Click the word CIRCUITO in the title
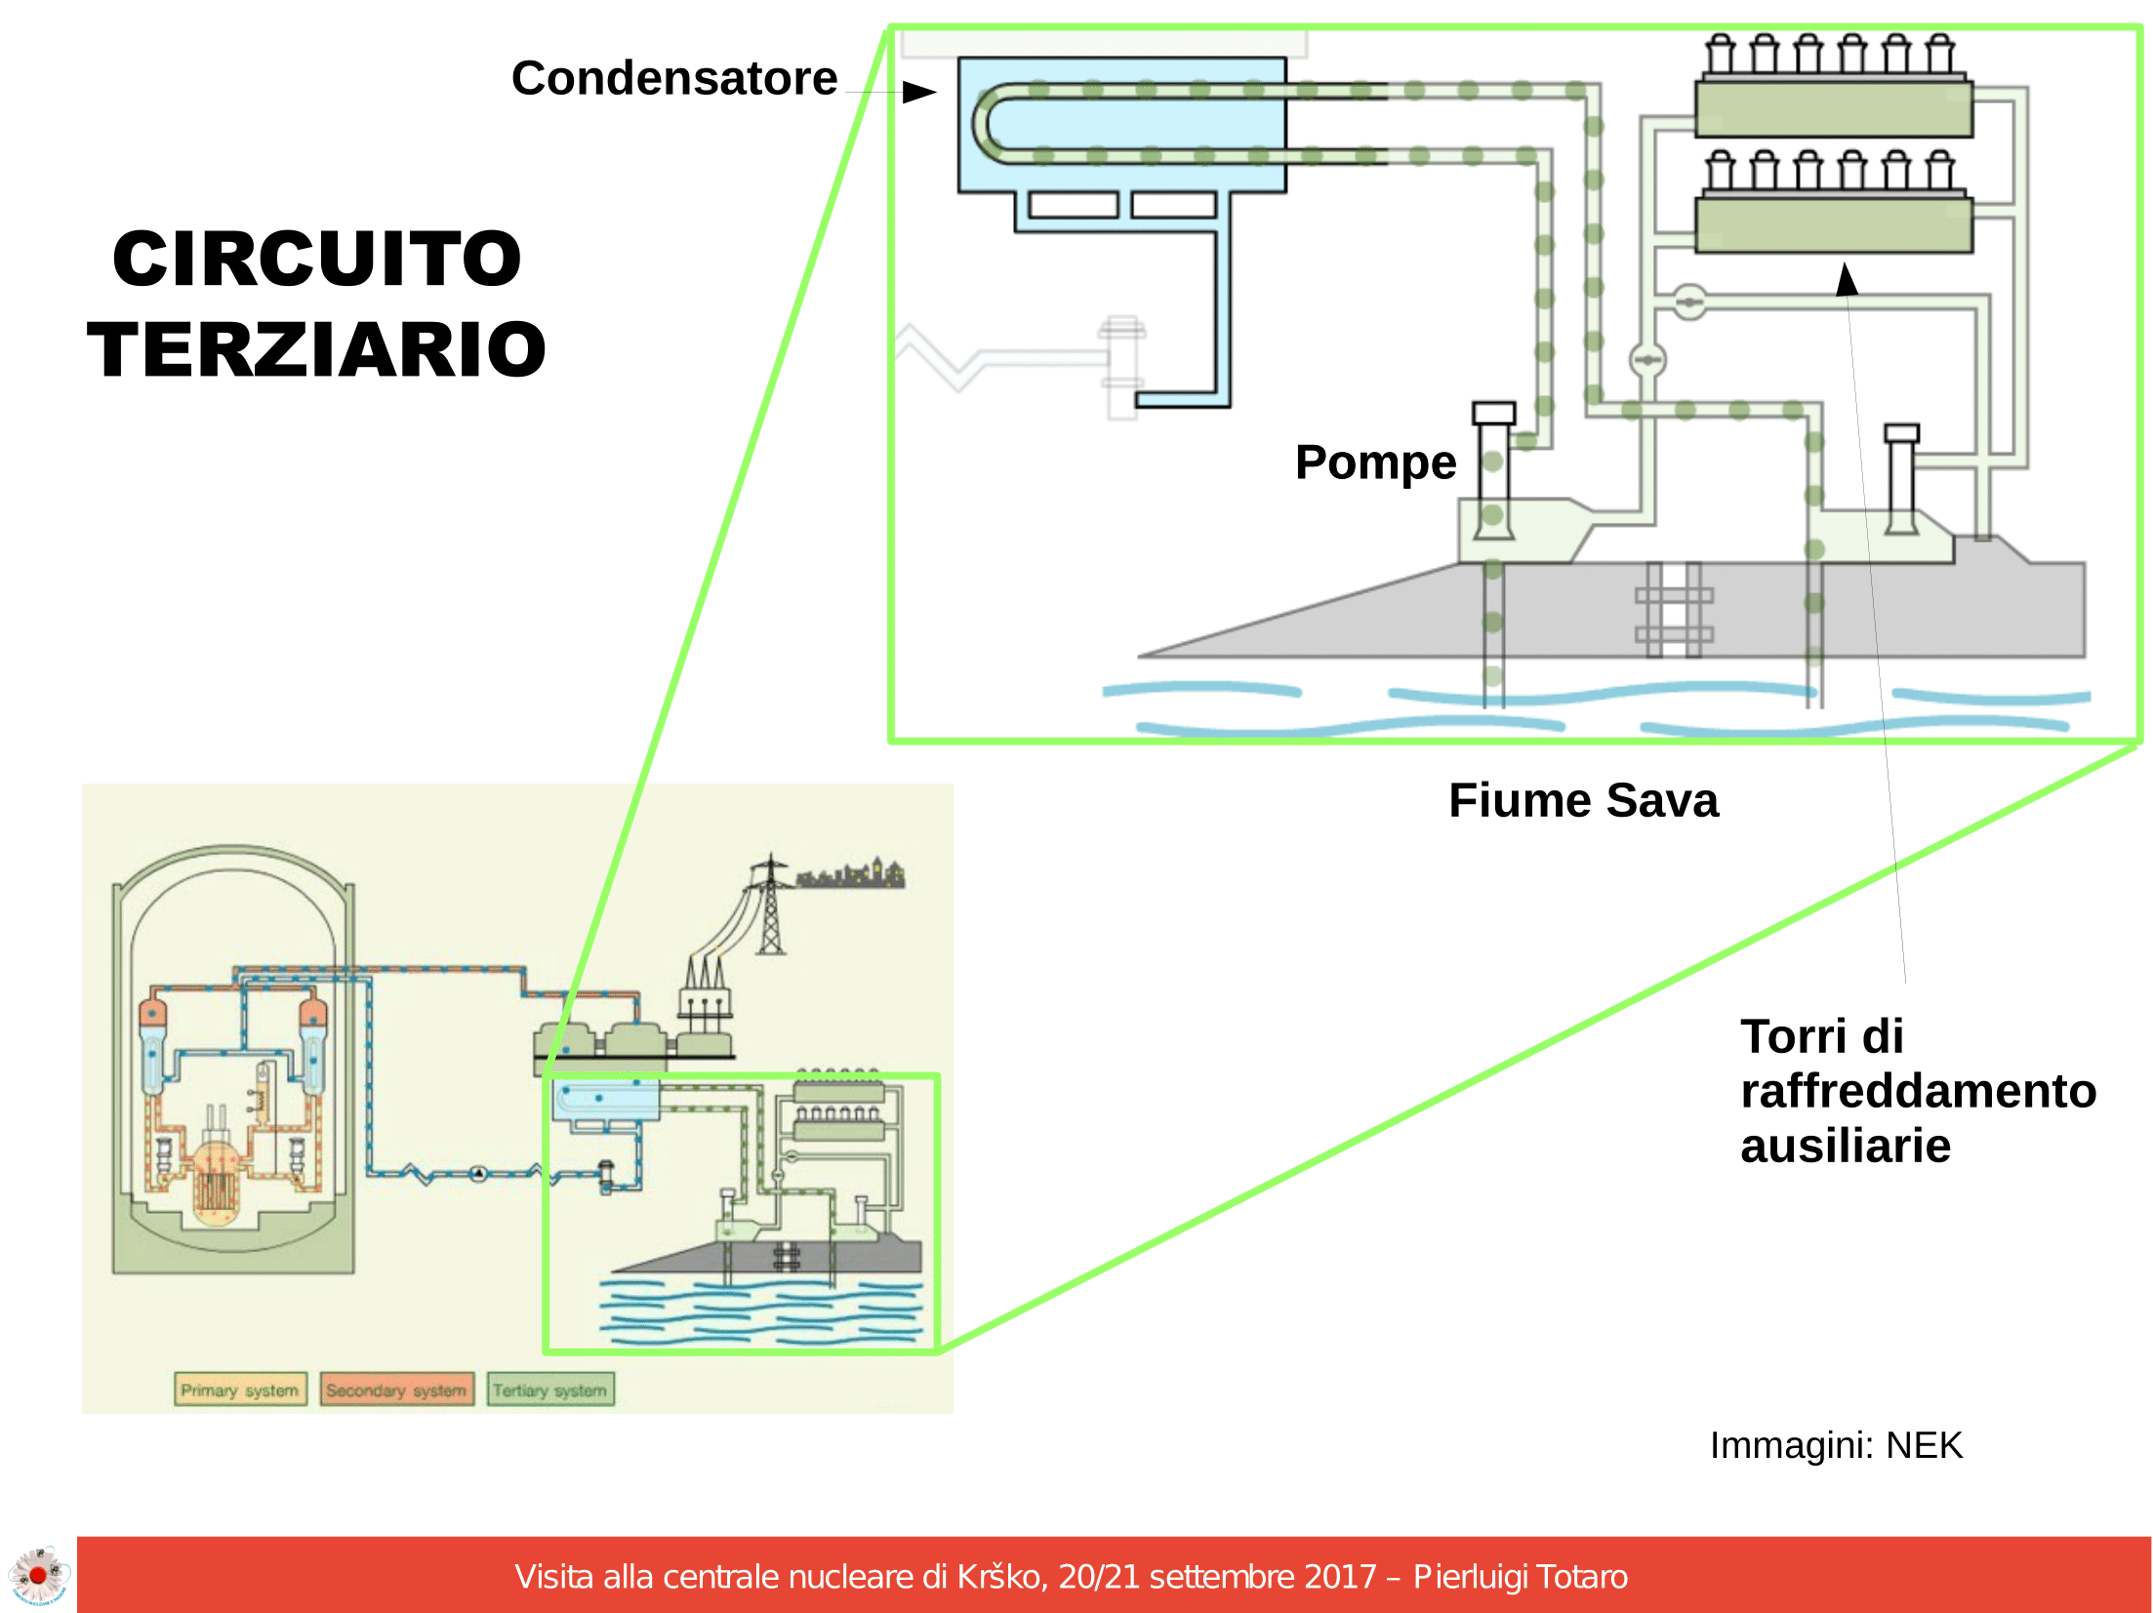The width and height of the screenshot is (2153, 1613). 317,260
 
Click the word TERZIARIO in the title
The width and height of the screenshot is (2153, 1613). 317,349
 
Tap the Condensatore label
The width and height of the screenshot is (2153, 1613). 673,78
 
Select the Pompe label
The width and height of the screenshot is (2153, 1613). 1375,463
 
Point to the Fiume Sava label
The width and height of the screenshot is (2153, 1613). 1582,801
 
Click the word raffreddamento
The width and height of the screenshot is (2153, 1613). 1918,1091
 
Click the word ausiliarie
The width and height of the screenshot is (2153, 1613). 1845,1147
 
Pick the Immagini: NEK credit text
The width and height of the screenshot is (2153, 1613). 1835,1445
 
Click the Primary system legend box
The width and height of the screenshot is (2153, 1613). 240,1390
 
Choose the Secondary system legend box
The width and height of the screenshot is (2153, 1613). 396,1390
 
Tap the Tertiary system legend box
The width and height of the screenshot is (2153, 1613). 549,1390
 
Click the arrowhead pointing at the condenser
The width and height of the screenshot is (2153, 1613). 918,93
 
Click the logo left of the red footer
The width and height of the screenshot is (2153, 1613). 38,1574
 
